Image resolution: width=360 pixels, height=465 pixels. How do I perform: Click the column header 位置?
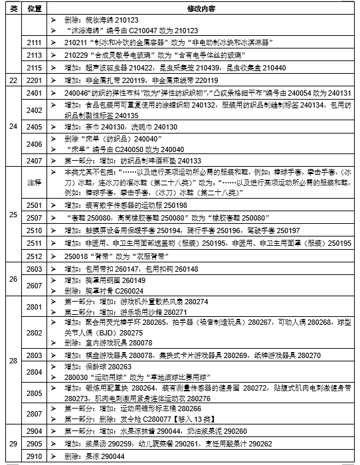point(35,9)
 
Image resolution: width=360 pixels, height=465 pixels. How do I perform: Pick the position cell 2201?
point(35,80)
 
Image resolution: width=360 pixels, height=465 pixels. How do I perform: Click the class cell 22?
point(13,80)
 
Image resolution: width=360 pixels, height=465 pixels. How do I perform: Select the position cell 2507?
point(35,217)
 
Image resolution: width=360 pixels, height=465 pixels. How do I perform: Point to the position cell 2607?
point(35,285)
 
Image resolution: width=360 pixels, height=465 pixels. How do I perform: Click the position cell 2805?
point(35,393)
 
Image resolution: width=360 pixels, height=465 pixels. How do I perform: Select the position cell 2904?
point(35,430)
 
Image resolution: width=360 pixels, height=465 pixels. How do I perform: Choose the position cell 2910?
point(35,458)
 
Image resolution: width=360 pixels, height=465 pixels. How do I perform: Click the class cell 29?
point(13,443)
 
